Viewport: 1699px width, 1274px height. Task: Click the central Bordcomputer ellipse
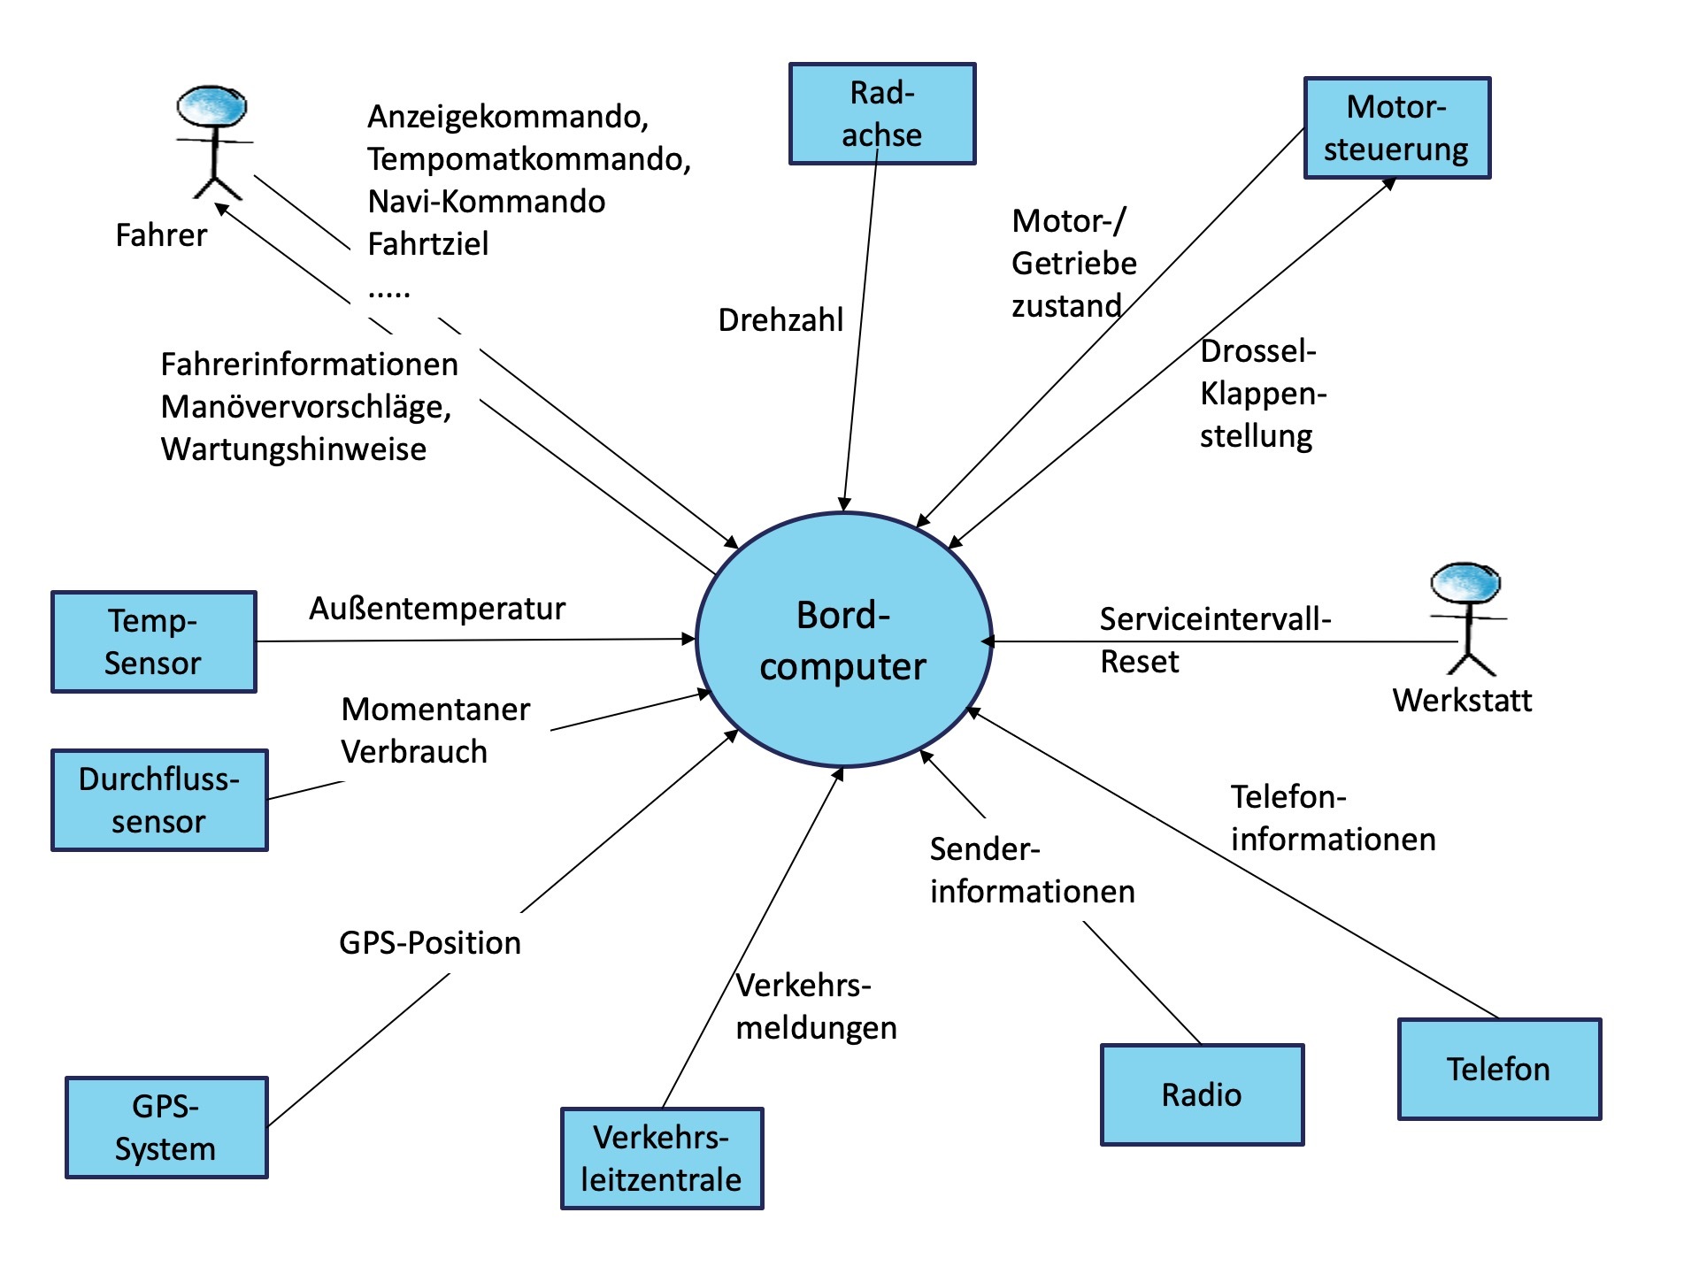click(843, 640)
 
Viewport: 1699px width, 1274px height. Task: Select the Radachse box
click(882, 113)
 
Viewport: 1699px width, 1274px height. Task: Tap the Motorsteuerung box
click(1396, 127)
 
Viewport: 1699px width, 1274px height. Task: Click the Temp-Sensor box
click(153, 641)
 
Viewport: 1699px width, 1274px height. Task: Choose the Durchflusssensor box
click(159, 800)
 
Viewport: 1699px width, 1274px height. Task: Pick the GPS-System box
click(166, 1127)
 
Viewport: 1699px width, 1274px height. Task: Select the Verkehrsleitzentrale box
click(662, 1158)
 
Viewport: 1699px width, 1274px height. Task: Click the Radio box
click(1202, 1094)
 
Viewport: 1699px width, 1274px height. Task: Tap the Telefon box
click(1499, 1069)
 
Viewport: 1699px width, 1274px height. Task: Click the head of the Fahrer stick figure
click(211, 106)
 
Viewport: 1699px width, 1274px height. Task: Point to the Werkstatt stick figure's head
click(1465, 582)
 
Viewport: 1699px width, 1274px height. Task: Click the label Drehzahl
click(780, 319)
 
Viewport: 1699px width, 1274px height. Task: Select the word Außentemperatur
click(437, 608)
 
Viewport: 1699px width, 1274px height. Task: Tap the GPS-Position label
click(430, 942)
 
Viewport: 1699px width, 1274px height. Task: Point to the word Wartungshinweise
click(294, 449)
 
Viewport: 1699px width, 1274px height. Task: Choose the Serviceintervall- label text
click(1214, 618)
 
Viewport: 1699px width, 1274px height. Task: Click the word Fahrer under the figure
click(161, 234)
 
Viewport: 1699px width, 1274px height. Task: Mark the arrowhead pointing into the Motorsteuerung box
click(1389, 183)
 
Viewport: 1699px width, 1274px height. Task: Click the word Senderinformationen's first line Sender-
click(984, 848)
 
